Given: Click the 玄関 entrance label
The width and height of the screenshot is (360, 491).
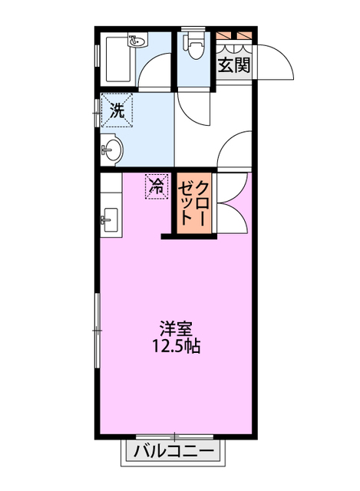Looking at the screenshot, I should click(234, 65).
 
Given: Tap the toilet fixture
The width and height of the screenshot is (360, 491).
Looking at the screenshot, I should click(193, 47).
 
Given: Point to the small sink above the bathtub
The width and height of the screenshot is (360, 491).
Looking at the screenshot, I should click(137, 41).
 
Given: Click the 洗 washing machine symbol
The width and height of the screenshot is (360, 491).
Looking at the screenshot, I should click(117, 110).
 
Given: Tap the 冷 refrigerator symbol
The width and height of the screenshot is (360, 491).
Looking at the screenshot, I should click(156, 185).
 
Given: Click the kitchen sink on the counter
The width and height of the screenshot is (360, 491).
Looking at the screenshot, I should click(108, 220).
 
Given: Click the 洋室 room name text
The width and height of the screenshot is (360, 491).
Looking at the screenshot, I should click(176, 328).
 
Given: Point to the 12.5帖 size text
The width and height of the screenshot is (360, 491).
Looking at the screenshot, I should click(176, 347).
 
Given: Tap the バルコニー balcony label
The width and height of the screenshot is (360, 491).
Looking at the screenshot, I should click(173, 450).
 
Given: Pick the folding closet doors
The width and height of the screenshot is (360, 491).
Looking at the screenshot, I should click(233, 203).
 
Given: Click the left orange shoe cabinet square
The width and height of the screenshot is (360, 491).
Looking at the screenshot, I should click(224, 35).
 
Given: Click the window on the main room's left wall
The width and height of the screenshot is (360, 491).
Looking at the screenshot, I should click(97, 330).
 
